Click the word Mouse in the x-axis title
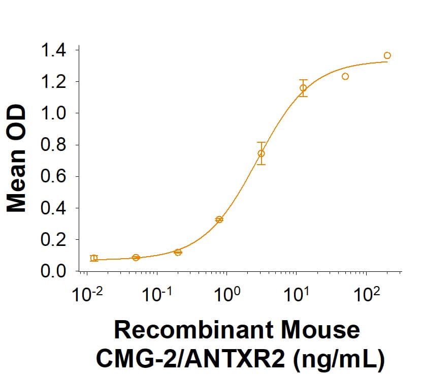(322, 331)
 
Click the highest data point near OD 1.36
(387, 55)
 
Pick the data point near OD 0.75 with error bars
(261, 153)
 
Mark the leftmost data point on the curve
(94, 258)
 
